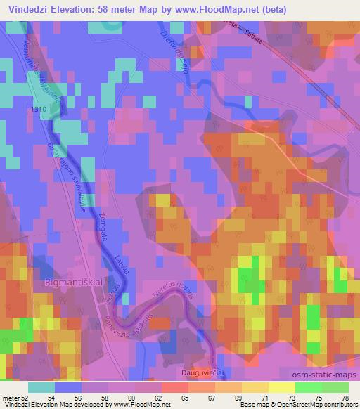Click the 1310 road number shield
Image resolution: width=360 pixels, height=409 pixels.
39,110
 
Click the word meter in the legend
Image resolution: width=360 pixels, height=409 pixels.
12,398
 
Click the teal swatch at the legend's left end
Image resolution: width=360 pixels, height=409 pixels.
41,387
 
